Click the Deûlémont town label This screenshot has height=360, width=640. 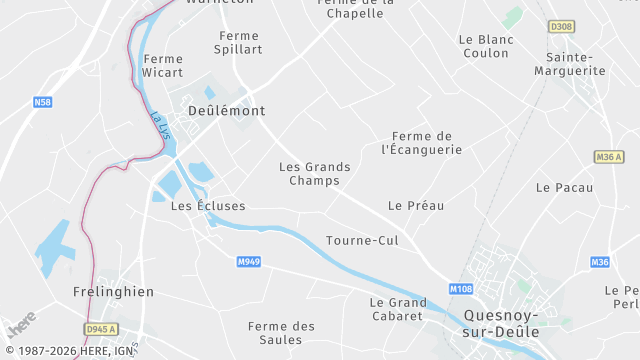[x=226, y=111]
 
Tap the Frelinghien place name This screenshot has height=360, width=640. [x=113, y=292]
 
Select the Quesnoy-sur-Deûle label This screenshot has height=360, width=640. [x=501, y=323]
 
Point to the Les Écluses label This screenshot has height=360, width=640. [x=208, y=206]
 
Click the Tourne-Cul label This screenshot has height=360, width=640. [x=362, y=241]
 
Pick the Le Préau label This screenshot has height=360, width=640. [x=416, y=205]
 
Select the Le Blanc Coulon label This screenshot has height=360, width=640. [x=485, y=46]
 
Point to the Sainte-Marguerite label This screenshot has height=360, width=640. [x=570, y=64]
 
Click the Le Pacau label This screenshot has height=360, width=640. [x=564, y=187]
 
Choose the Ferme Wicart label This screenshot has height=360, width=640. [x=163, y=66]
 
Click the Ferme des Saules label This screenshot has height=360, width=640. [x=281, y=333]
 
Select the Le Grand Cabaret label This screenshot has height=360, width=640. [x=398, y=309]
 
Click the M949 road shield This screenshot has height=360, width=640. [x=249, y=262]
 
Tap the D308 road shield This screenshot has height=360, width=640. [x=561, y=26]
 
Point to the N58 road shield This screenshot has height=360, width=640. [x=42, y=102]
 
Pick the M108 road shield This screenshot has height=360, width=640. [x=460, y=289]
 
